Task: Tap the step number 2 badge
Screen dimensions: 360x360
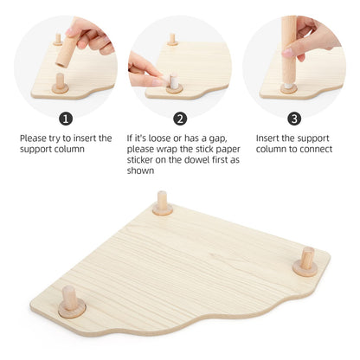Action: point(180,119)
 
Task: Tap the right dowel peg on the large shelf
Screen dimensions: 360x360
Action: point(306,259)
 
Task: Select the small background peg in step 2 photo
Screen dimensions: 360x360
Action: point(173,39)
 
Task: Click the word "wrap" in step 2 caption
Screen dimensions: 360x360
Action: point(183,149)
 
